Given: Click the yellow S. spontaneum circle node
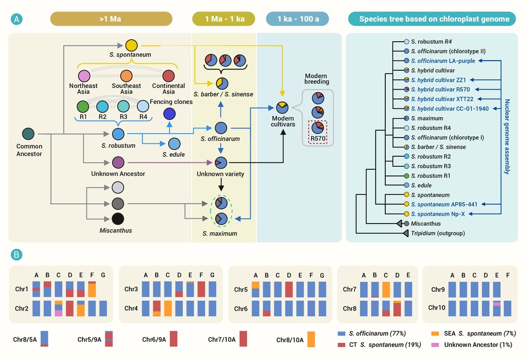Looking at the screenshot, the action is (131, 45).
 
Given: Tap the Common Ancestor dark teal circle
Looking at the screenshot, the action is (28, 134).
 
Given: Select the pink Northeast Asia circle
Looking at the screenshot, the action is (84, 76).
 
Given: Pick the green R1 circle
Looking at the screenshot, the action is (83, 107).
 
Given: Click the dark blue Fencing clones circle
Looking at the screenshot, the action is (169, 114).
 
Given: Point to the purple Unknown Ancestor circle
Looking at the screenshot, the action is (118, 163).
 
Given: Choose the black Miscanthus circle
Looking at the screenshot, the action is (118, 219).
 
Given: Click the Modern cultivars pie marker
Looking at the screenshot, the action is (282, 108).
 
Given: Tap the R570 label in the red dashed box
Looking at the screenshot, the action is (318, 139).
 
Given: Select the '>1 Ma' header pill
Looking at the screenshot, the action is (111, 19).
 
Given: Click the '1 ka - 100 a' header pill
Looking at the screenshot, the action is (297, 19).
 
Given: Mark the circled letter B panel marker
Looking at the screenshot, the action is (17, 255).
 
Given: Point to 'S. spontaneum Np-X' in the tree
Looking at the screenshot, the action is (438, 214).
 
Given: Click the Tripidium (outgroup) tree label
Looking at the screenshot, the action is (438, 233).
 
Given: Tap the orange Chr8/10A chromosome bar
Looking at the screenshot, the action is (311, 339).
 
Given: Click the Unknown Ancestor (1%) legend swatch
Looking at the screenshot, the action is (435, 345).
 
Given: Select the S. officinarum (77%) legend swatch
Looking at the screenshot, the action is (341, 333).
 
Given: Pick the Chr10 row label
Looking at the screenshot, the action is (436, 307).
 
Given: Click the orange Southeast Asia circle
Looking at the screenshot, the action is (126, 76).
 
